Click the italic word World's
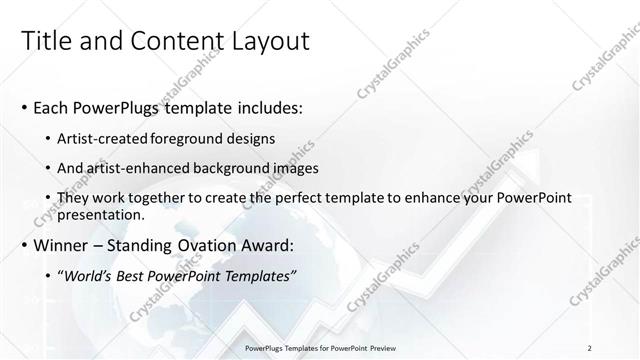click(89, 275)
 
